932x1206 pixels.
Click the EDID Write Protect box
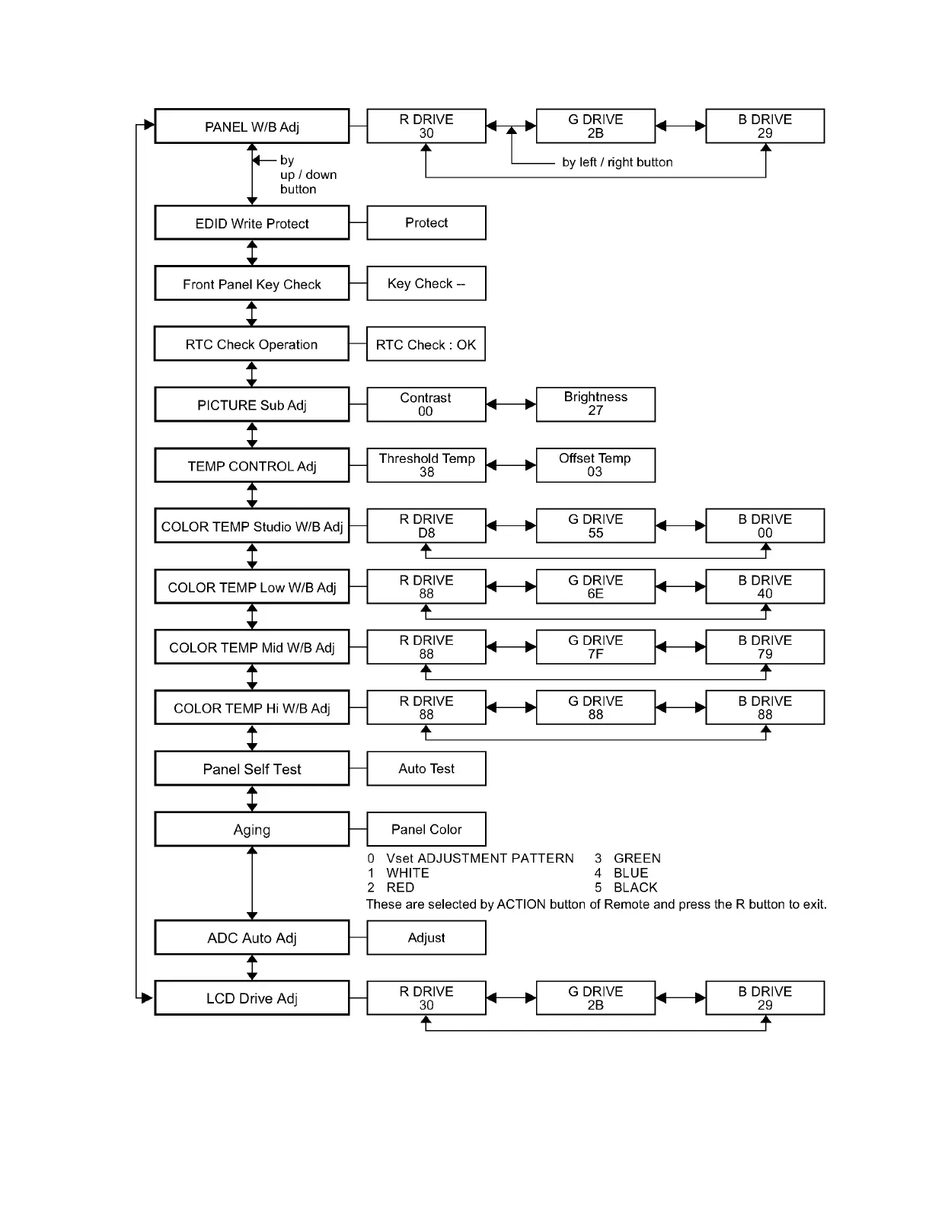click(x=252, y=223)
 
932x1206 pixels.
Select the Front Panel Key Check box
click(x=252, y=284)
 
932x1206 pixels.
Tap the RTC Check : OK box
click(x=426, y=344)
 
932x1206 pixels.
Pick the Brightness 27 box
click(x=595, y=404)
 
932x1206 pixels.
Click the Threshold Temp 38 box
click(x=426, y=465)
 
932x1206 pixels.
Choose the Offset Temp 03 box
click(x=595, y=465)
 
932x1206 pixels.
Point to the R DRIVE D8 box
click(x=426, y=526)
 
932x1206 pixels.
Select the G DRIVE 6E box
click(x=595, y=587)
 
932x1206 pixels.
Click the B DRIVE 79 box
click(x=764, y=647)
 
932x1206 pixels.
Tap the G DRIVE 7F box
click(x=595, y=647)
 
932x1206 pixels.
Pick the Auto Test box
click(x=426, y=769)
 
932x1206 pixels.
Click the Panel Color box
click(x=426, y=829)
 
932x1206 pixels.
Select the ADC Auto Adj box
click(x=252, y=938)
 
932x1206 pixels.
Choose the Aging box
click(x=252, y=830)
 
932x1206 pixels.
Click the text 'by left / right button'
click(x=618, y=162)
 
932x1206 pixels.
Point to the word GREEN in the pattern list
click(x=637, y=858)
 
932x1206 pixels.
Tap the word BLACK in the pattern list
click(x=635, y=888)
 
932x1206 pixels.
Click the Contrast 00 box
click(x=426, y=404)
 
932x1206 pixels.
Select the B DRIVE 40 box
click(x=764, y=587)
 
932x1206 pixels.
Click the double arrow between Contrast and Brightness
click(x=511, y=404)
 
